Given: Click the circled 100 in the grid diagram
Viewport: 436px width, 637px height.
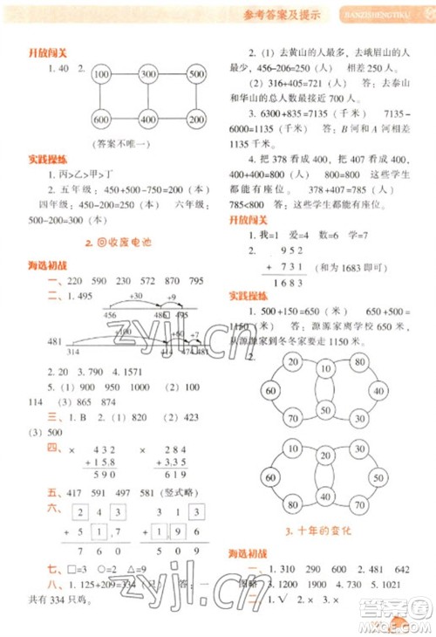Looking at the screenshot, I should click(100, 74).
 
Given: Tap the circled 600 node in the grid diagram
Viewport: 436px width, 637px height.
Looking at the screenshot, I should click(100, 119).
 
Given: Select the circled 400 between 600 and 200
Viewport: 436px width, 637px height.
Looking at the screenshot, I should click(147, 119).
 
